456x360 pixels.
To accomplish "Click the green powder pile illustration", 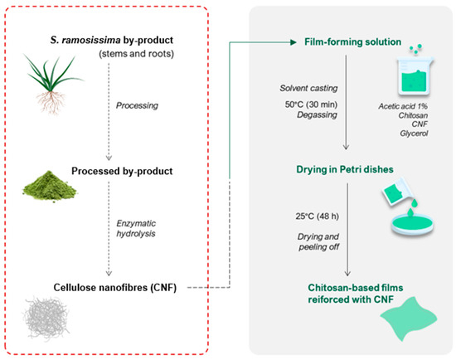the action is [50, 187].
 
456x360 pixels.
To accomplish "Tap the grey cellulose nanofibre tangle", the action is [46, 318].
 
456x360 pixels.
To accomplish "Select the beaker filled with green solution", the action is [415, 76].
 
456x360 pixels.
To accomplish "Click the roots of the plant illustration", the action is [51, 102].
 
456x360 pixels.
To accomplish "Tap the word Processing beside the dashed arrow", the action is [137, 105].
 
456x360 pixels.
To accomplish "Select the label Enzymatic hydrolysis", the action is [136, 228].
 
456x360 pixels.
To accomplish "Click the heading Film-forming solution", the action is [352, 42].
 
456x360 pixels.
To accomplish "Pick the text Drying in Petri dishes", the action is [345, 169].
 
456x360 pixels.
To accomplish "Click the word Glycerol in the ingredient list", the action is [414, 134].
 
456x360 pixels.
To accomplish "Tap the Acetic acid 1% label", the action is [403, 106].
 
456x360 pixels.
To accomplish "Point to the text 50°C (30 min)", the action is [311, 105].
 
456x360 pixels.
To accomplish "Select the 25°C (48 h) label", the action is [318, 216].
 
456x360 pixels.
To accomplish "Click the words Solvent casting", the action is [308, 88].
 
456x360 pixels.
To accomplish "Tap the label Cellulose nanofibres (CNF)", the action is [115, 288].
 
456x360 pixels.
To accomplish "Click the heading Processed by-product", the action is [122, 171].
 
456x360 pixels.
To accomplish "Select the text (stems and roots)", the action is [137, 54].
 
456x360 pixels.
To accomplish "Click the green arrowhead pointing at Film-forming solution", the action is [293, 42].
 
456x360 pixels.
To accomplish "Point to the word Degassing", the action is [317, 115].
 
